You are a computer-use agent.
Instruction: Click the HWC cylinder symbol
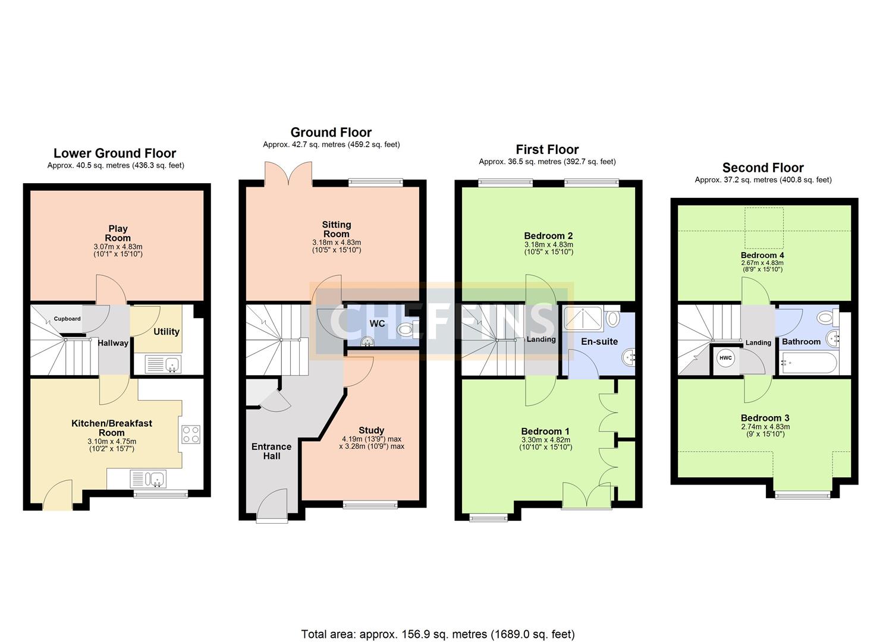point(725,358)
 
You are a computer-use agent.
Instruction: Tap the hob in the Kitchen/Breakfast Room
point(191,435)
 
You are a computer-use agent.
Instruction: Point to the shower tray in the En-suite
point(583,318)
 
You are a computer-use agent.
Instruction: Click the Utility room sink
point(163,364)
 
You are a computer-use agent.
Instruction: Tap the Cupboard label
point(67,319)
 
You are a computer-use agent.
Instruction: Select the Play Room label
point(118,233)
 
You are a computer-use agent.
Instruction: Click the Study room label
point(371,430)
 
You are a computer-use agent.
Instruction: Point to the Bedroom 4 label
point(762,255)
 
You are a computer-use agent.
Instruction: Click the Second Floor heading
point(763,168)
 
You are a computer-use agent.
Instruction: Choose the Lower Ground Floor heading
point(115,153)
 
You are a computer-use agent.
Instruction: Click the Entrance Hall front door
point(272,506)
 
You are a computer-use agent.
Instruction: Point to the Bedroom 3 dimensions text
point(765,430)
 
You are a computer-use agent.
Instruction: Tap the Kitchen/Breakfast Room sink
point(148,479)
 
